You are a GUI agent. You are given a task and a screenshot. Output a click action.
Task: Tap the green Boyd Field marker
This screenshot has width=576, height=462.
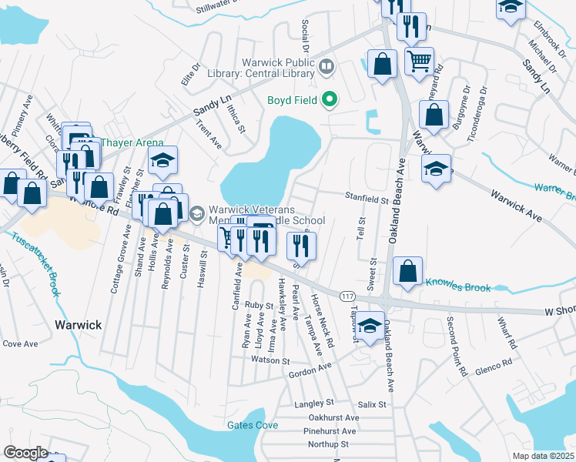pos(330,99)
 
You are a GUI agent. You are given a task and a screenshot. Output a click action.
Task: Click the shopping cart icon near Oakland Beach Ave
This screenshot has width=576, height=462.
pos(418,61)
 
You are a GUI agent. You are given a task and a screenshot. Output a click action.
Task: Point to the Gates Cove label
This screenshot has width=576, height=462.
pos(252,425)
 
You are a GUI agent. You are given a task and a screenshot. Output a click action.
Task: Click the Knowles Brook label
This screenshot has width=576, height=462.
pos(457,288)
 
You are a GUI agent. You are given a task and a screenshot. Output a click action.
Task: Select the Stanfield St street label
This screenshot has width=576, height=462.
pos(367,199)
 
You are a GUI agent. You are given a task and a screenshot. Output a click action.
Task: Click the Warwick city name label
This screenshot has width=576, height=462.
pos(78,325)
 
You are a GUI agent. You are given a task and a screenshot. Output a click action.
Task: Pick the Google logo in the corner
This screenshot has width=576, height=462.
pos(25,453)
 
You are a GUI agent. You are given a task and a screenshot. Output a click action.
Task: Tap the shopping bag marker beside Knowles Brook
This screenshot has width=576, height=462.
pos(407,270)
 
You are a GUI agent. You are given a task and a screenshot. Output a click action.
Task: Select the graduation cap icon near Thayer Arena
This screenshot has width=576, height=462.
pos(163,159)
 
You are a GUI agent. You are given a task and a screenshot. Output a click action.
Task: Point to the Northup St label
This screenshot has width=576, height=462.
pos(328,444)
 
